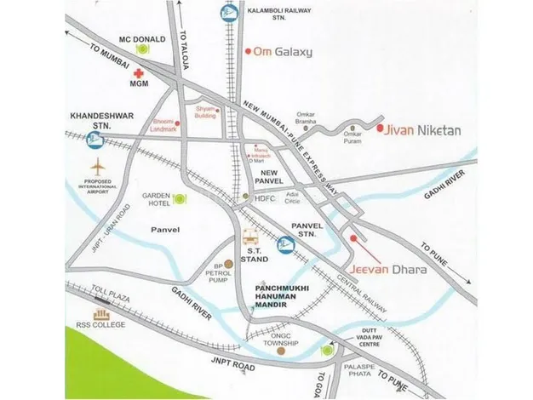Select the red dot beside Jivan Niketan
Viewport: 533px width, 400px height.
[x=379, y=129]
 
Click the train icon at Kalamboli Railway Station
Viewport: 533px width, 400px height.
[x=228, y=14]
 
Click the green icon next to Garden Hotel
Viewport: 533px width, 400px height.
[x=180, y=199]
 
